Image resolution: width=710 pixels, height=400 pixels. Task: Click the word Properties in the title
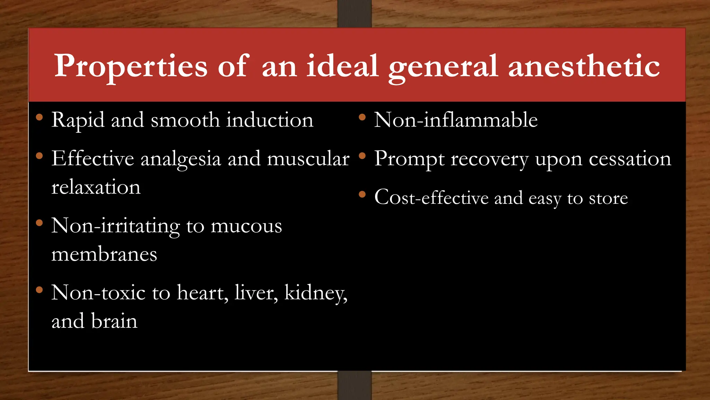[x=131, y=66]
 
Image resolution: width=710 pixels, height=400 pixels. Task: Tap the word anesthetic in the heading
[x=584, y=66]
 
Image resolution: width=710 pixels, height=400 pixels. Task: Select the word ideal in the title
[x=342, y=66]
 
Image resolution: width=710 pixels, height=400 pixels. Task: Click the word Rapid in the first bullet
[x=78, y=120]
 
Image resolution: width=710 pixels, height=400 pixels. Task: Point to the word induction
[x=270, y=120]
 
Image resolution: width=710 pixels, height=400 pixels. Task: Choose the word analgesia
[x=181, y=159]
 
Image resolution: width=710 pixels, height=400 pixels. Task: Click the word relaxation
[x=96, y=187]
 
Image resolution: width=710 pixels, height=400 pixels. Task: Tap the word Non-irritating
[x=115, y=226]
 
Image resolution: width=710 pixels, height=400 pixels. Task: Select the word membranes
[x=104, y=254]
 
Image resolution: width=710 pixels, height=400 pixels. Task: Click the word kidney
[x=315, y=293]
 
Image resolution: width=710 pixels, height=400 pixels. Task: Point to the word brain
[x=114, y=321]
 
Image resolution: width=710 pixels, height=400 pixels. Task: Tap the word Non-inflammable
[x=456, y=120]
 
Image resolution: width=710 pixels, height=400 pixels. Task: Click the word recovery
[x=490, y=159]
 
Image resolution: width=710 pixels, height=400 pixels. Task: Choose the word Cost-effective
[x=432, y=198]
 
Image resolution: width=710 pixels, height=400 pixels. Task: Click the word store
[x=608, y=198]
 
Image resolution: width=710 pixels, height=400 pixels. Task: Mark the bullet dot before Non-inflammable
[x=362, y=117]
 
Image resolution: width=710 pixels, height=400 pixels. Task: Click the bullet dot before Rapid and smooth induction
[x=39, y=117]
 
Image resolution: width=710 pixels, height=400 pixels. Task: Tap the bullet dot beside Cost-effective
[x=362, y=194]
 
